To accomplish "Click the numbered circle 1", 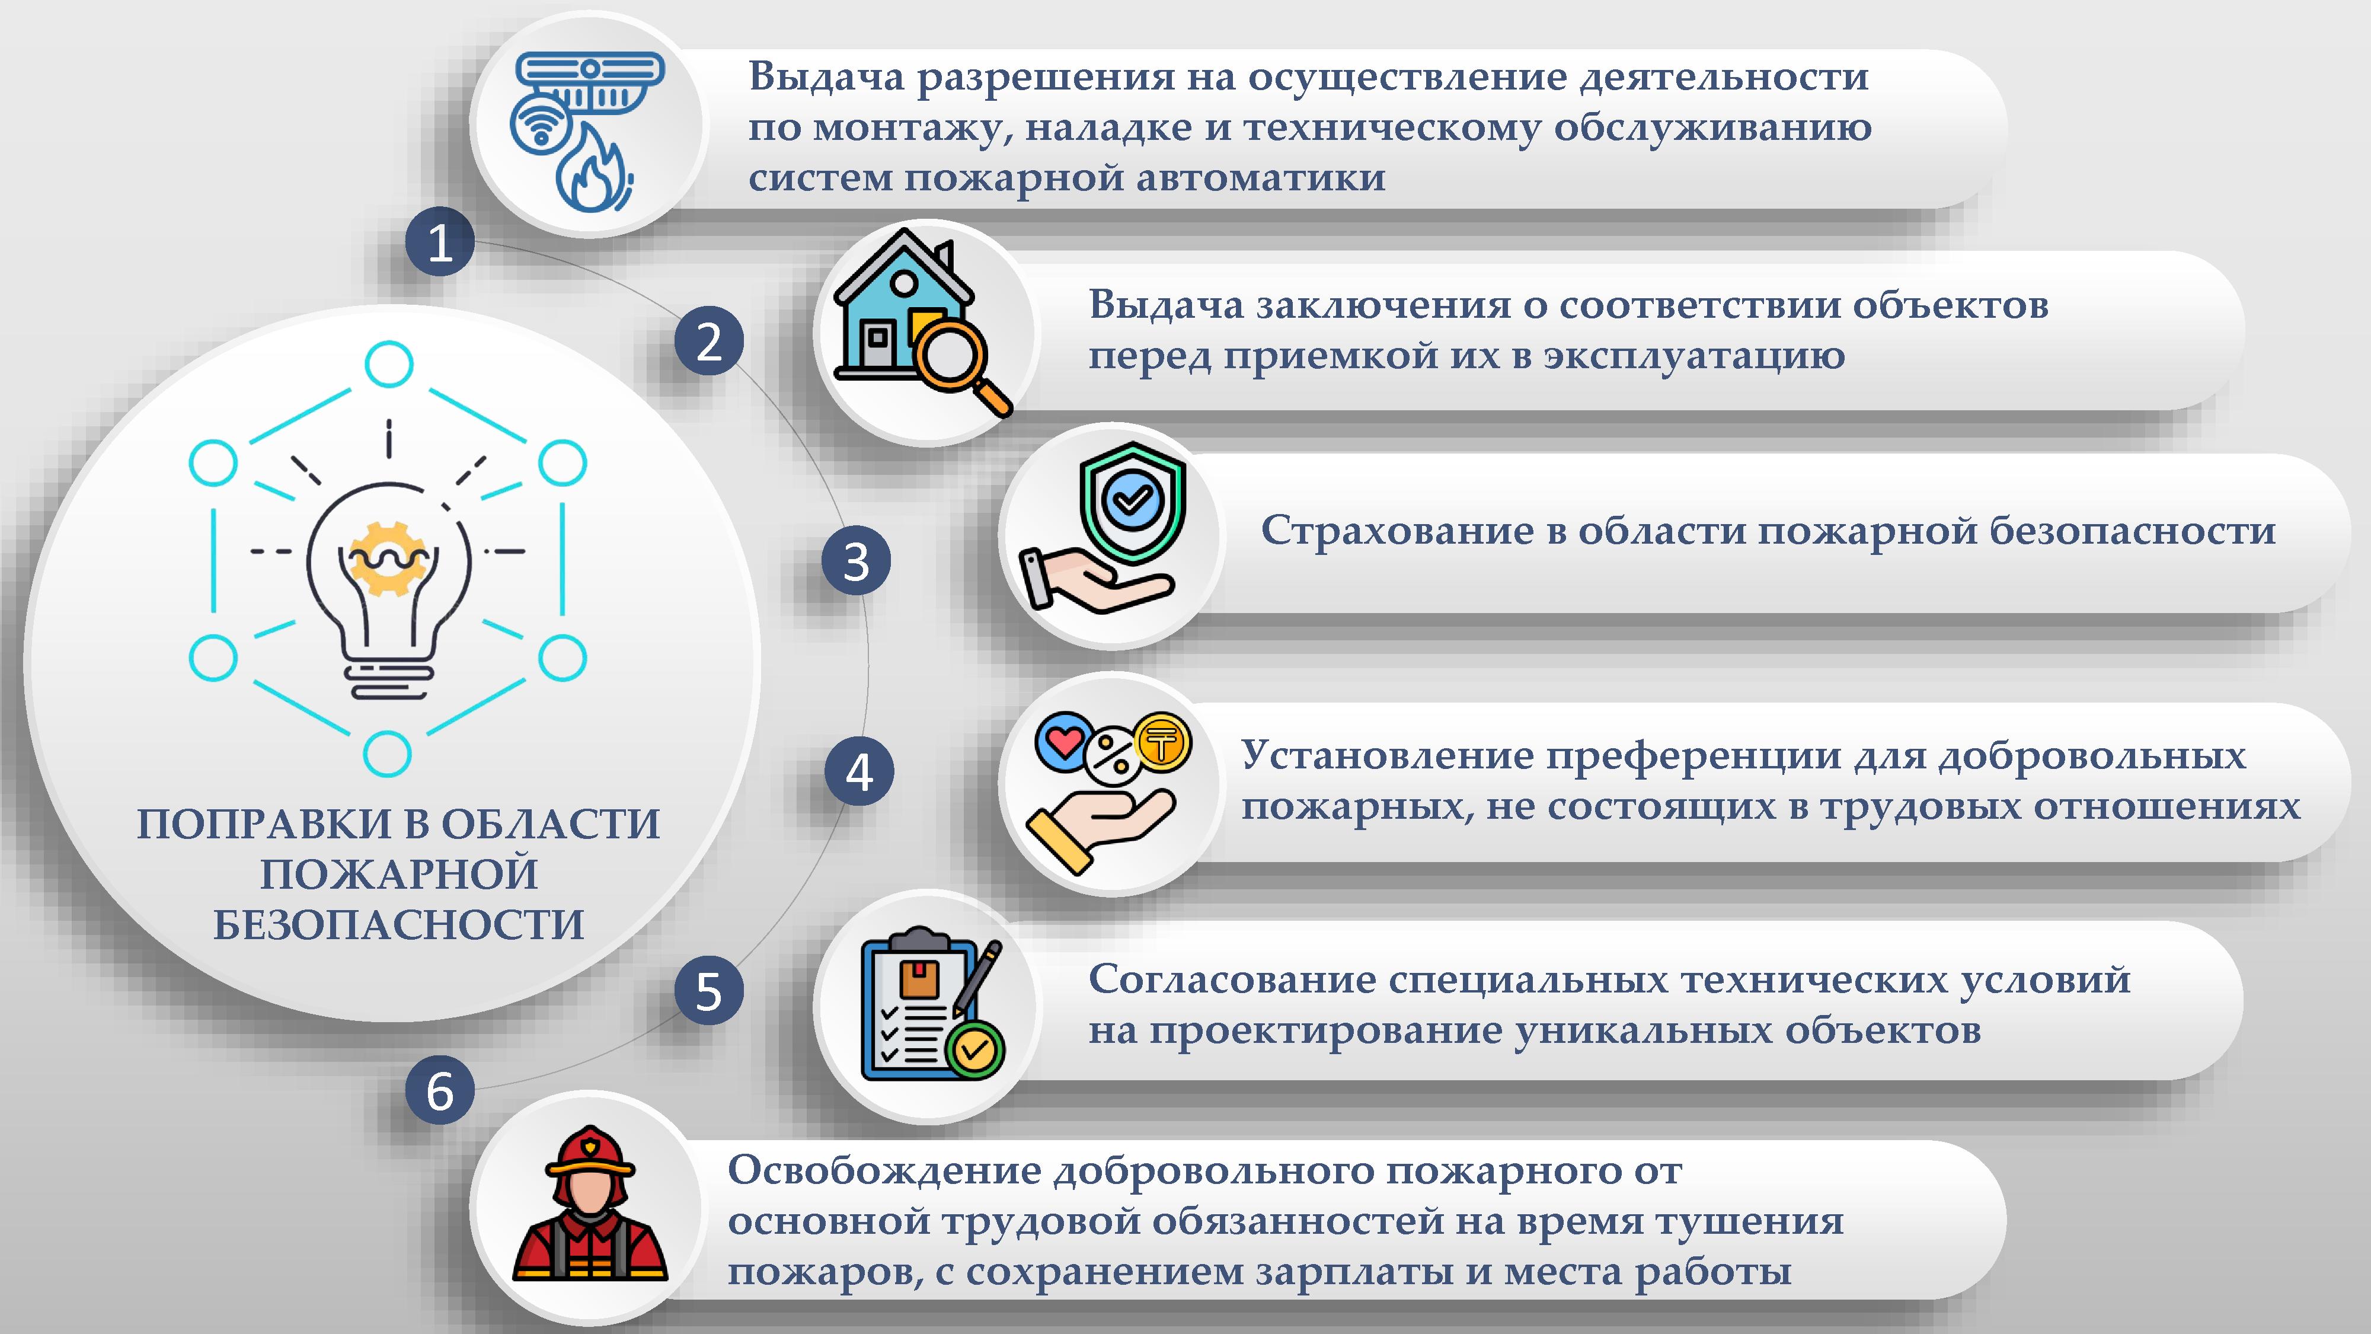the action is (x=440, y=242).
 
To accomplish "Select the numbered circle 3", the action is (x=856, y=561).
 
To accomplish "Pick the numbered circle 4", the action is (x=859, y=771).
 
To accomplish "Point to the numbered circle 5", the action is (x=709, y=991).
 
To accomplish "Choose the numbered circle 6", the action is (x=440, y=1090).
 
